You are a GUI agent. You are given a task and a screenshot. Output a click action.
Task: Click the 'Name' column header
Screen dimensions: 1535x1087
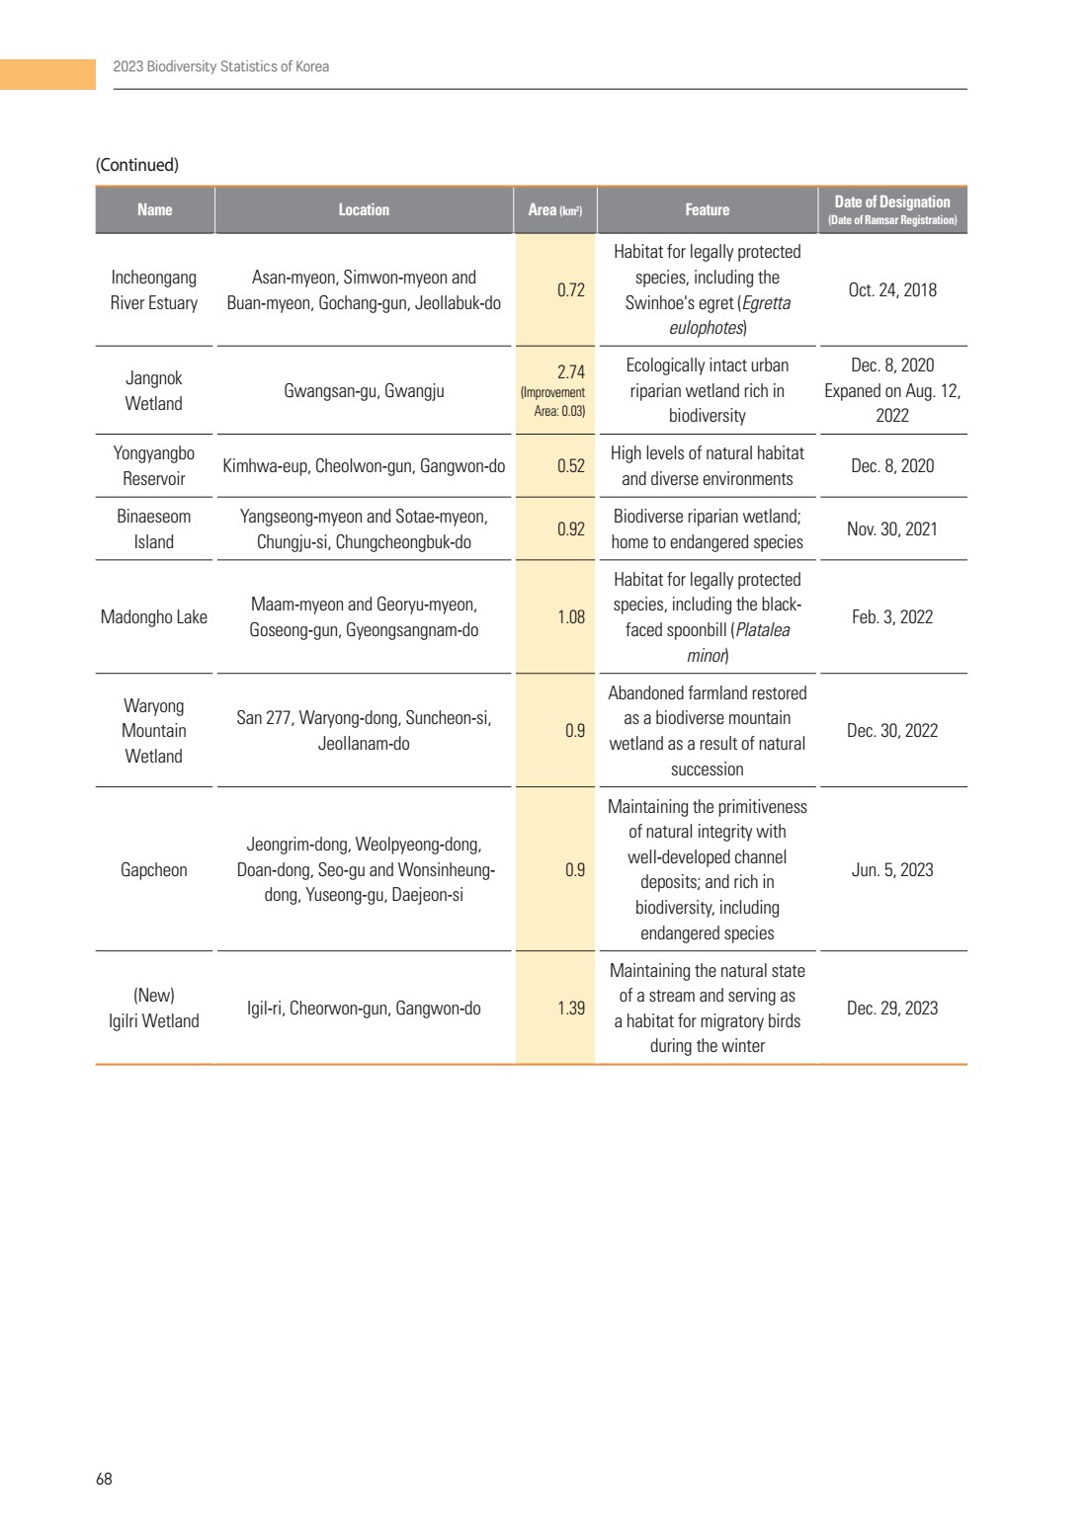[154, 209]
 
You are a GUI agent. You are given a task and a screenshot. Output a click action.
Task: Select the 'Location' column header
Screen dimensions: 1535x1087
[364, 209]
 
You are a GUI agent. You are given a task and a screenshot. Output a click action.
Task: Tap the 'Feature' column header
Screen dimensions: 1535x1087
[707, 209]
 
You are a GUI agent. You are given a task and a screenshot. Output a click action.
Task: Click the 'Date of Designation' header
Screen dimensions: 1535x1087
[892, 202]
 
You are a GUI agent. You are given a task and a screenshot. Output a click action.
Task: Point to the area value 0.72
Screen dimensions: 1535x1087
[571, 290]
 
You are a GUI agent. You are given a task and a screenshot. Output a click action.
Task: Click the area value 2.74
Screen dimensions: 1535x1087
[571, 372]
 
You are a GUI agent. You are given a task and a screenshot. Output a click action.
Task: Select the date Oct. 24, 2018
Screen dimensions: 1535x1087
[892, 290]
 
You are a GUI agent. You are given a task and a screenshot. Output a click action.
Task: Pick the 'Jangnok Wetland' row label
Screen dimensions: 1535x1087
[154, 391]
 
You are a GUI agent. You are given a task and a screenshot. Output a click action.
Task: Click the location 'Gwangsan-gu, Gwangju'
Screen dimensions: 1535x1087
[364, 391]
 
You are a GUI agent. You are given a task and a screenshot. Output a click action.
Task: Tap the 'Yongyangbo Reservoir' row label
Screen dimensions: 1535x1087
[154, 466]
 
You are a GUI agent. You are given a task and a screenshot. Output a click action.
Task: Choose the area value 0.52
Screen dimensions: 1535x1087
[571, 466]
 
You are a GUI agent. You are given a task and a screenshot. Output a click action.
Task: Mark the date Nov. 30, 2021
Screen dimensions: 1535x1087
[892, 529]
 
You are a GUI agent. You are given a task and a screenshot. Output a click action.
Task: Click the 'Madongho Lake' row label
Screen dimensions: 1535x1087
[154, 617]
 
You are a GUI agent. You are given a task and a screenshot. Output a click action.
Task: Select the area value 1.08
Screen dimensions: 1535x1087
[571, 617]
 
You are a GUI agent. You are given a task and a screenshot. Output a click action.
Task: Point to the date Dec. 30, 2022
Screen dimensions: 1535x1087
[892, 731]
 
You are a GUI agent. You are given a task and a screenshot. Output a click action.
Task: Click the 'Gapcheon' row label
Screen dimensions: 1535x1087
[154, 870]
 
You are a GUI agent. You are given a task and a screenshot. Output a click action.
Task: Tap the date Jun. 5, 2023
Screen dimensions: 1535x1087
[892, 870]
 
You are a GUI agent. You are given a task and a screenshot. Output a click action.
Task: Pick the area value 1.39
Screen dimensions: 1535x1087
[571, 1009]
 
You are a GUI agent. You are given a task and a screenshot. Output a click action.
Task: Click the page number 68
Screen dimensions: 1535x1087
[104, 1479]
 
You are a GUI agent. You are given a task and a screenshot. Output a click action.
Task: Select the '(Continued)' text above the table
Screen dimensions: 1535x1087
[137, 165]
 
